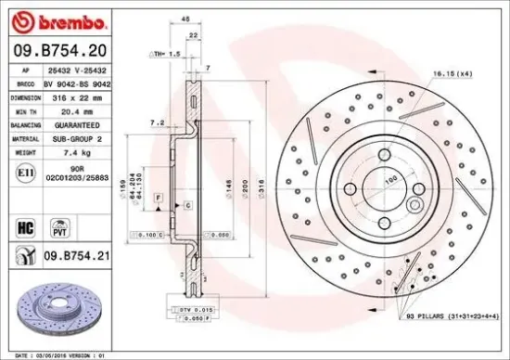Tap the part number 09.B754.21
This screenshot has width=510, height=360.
tap(69, 251)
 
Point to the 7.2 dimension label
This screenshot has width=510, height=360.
tap(157, 122)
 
